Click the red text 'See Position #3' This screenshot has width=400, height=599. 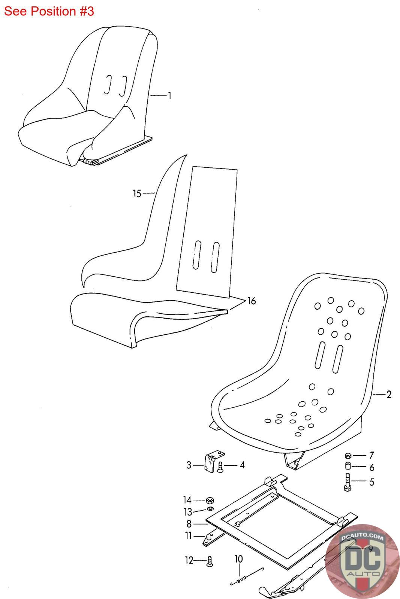(x=49, y=11)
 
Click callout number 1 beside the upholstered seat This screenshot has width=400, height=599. (x=169, y=96)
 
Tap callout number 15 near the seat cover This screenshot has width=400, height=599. (x=137, y=194)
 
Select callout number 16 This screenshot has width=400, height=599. (x=251, y=301)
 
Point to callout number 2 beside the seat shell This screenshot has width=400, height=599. (x=389, y=395)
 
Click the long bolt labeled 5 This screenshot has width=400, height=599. (x=347, y=481)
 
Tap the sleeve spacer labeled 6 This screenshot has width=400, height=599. (x=348, y=467)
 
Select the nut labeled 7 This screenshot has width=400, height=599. (x=348, y=456)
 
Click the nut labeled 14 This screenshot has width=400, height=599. (x=210, y=501)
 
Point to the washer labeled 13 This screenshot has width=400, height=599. (x=210, y=510)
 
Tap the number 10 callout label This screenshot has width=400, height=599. (x=238, y=559)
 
